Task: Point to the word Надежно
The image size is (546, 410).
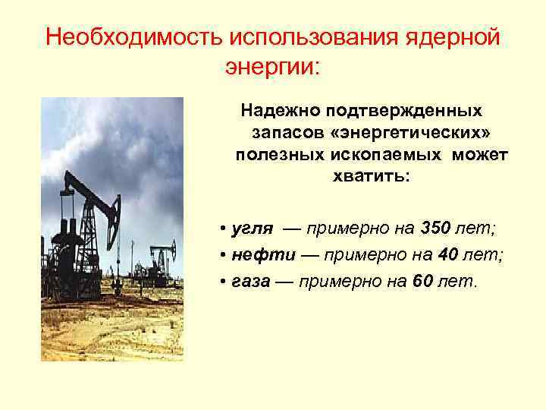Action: click(278, 111)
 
